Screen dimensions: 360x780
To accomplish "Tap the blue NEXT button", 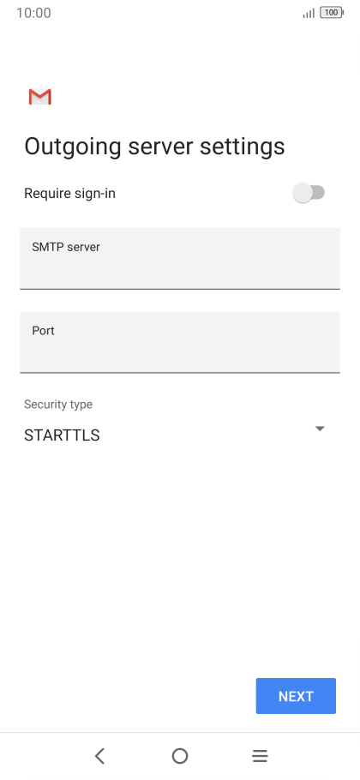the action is click(296, 695).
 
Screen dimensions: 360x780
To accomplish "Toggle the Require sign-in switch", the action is click(309, 193).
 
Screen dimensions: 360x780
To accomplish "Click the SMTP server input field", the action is click(179, 259).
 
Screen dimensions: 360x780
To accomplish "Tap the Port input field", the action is click(179, 342).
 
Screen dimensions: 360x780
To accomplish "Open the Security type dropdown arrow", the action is click(320, 429).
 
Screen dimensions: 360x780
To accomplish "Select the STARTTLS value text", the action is click(62, 435).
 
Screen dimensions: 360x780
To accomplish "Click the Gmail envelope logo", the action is click(39, 97).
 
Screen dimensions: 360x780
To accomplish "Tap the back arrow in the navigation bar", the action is click(99, 756).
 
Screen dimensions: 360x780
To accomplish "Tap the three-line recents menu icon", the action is click(260, 756).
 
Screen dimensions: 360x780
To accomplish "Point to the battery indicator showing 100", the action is click(332, 13).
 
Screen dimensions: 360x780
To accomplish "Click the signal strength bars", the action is click(309, 14).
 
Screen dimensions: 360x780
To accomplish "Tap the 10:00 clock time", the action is click(33, 13).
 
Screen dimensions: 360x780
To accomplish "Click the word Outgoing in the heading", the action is click(73, 147).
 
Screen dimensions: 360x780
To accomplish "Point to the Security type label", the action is click(58, 405).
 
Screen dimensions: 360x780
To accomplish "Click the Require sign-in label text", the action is click(69, 194).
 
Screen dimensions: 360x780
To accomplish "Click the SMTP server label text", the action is click(66, 247).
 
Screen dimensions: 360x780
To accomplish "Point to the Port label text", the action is click(43, 331).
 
